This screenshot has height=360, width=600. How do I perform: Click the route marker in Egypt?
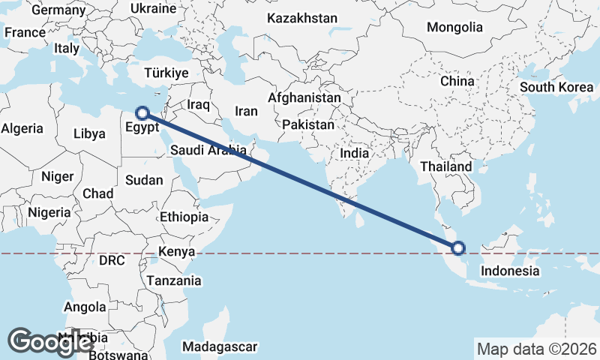coord(142,113)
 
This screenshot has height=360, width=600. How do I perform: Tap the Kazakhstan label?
coord(302,18)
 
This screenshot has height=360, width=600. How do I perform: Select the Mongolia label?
coord(454,28)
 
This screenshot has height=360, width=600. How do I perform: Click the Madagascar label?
coord(220,347)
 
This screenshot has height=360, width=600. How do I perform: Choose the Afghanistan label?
coord(304,98)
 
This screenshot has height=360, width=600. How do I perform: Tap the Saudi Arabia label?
coord(208,150)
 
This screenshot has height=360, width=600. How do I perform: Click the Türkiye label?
coord(166,73)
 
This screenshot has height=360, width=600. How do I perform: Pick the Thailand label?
coord(446,166)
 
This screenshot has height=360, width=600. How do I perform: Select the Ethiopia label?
coord(184,217)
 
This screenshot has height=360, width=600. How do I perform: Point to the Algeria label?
coord(22,128)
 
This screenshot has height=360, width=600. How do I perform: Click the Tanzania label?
coord(175,280)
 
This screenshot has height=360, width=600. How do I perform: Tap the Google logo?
coord(51,342)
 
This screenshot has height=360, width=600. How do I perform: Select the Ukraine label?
coord(153,9)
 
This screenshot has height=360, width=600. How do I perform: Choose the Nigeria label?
coord(49,212)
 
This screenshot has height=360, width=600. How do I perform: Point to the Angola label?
coord(85,307)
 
